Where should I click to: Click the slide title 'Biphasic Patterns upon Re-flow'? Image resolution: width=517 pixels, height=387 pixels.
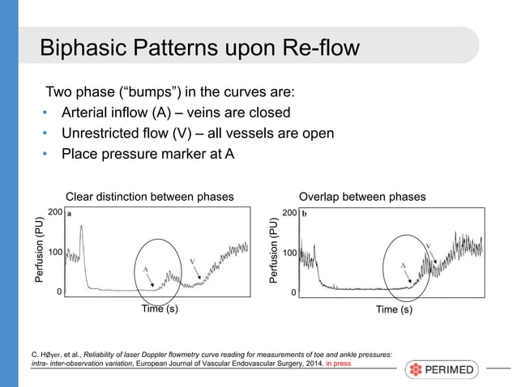click(199, 48)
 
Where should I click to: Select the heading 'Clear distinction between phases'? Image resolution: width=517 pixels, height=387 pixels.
click(149, 196)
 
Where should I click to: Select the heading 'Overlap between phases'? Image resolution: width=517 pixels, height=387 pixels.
click(361, 196)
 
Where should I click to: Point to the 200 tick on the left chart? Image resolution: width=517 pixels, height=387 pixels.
click(55, 212)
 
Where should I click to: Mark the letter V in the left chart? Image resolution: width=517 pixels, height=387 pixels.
click(193, 261)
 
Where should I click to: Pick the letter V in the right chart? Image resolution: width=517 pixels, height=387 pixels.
click(428, 244)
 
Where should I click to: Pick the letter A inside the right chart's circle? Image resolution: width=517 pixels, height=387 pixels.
click(403, 265)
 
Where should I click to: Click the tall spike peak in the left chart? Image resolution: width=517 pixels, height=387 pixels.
click(82, 227)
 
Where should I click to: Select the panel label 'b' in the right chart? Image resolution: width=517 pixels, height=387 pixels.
click(305, 215)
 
